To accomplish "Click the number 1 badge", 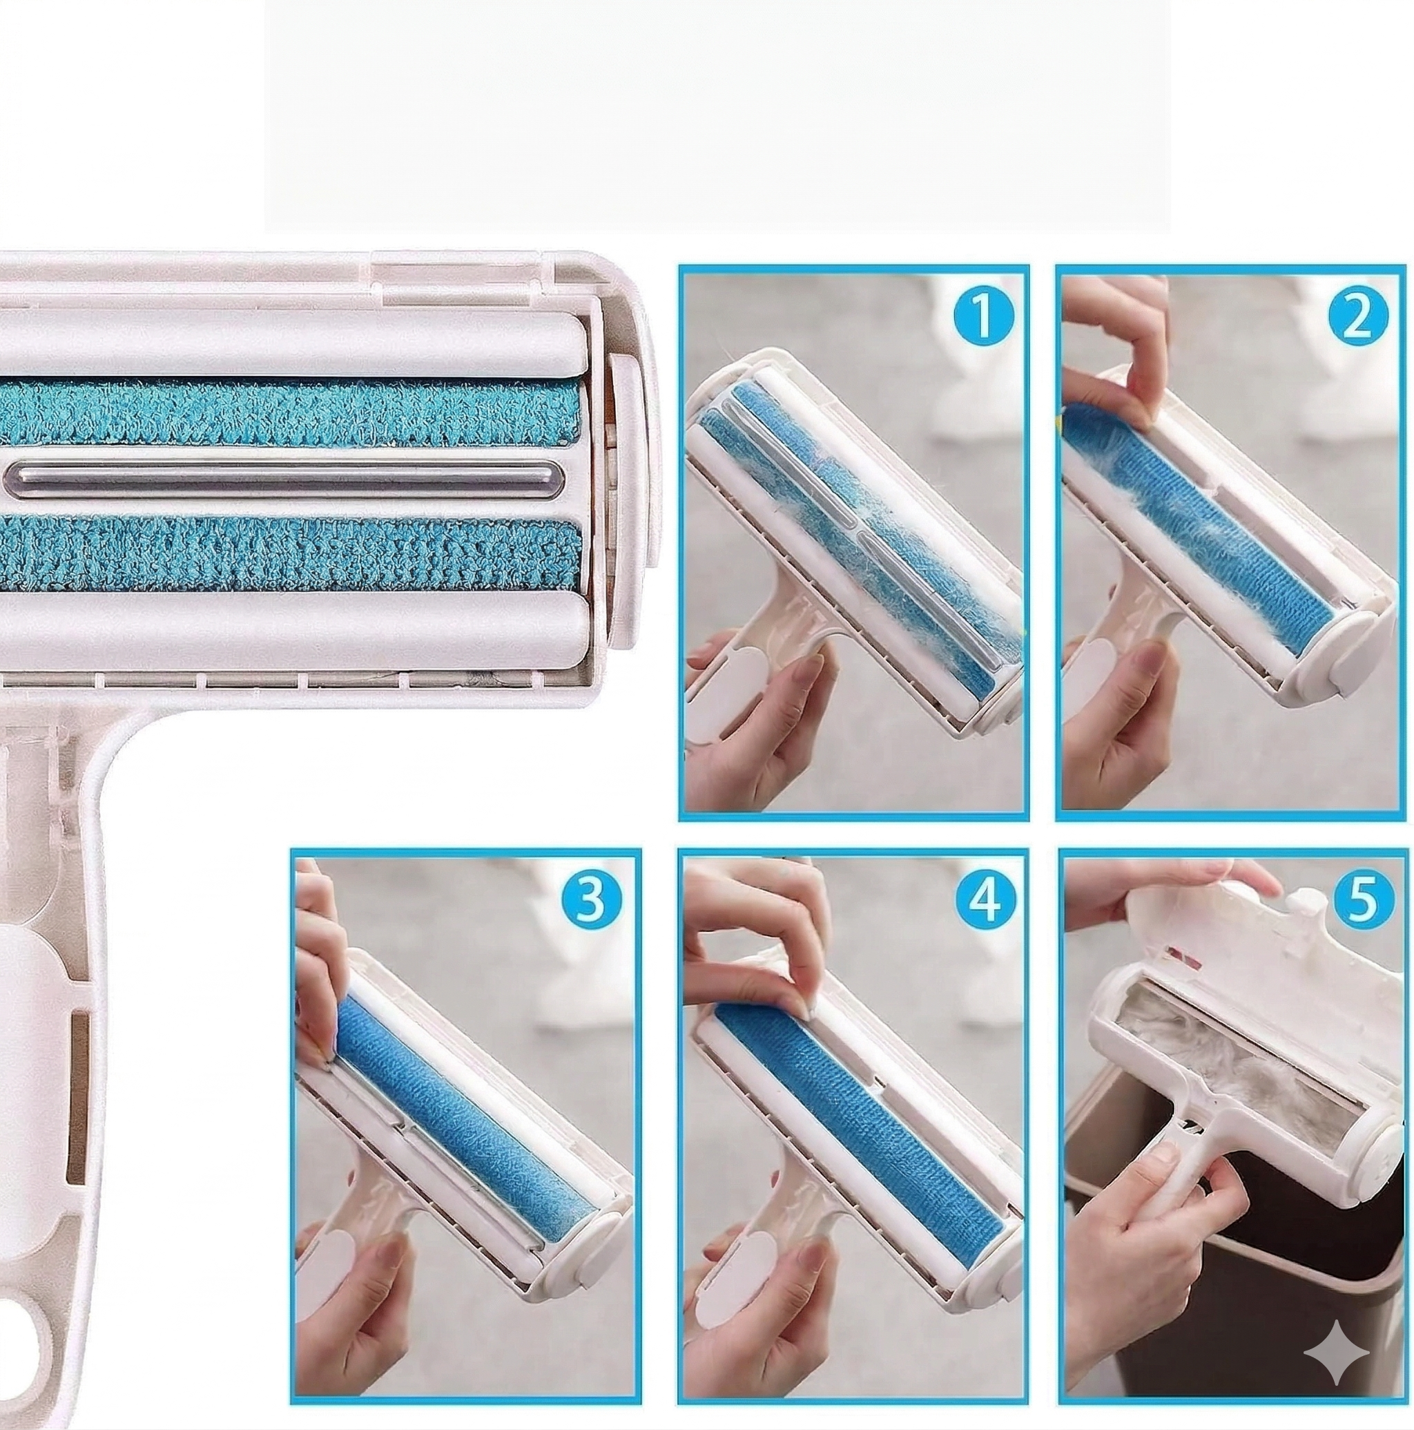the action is (x=982, y=316).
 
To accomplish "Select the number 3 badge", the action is (x=590, y=899).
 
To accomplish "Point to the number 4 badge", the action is (x=982, y=899).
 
